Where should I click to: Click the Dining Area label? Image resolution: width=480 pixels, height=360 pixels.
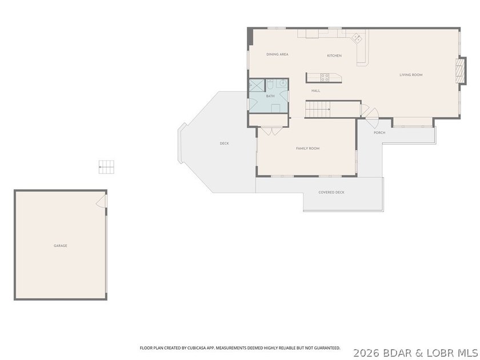277,54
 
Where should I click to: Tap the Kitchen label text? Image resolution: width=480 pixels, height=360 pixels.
334,56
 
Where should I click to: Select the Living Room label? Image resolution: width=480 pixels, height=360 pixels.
411,75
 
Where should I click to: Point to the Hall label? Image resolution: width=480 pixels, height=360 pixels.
315,91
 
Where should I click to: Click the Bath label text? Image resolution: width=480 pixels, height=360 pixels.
270,96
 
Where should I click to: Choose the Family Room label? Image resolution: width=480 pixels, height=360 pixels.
307,149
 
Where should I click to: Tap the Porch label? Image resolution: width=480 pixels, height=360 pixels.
379,133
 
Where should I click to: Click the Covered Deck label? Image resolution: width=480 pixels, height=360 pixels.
331,192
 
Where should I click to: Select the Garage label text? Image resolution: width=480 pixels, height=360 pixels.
61,246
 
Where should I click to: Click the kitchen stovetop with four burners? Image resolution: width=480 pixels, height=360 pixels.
325,78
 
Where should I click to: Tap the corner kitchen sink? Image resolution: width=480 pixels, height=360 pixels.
357,38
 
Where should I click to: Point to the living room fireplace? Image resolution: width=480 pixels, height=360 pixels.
461,71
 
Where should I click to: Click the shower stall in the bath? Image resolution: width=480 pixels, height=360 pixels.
257,85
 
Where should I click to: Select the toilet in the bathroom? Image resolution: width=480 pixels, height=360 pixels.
270,84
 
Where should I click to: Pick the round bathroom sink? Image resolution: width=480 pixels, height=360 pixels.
283,83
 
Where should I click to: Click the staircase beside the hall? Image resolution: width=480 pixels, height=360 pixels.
318,109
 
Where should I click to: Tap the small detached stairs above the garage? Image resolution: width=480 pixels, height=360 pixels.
106,167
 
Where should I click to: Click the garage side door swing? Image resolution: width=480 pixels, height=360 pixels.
101,201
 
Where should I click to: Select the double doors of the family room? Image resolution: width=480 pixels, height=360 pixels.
272,131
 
